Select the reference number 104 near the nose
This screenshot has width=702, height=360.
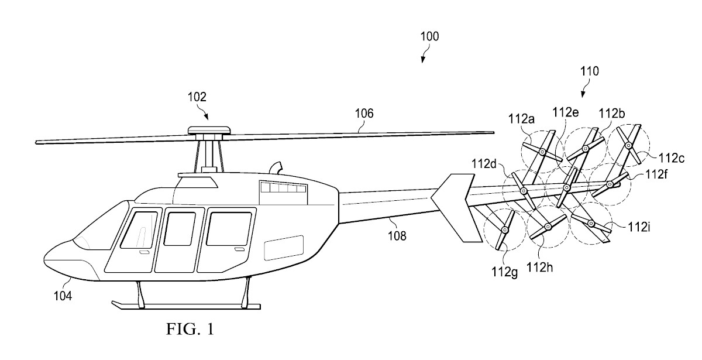tap(63, 296)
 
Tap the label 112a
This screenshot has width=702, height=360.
tap(522, 120)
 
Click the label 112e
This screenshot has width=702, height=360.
tap(567, 113)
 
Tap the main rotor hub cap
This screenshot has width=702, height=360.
tap(209, 129)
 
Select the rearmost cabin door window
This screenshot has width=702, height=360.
tap(228, 229)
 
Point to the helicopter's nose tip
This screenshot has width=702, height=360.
tap(47, 258)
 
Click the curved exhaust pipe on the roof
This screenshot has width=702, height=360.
tap(276, 166)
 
